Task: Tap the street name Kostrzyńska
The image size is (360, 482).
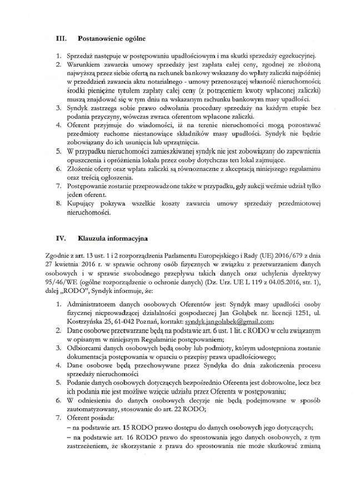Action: click(x=85, y=322)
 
